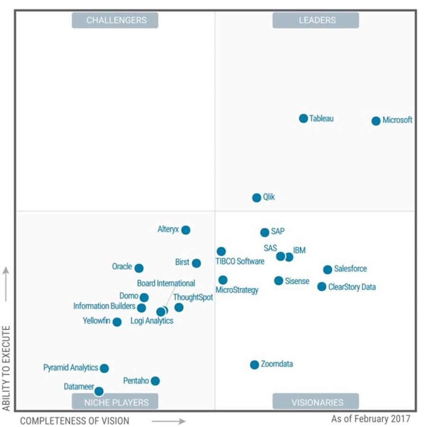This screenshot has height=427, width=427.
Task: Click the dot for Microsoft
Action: pos(376,121)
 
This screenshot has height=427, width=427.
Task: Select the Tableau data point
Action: pos(303,119)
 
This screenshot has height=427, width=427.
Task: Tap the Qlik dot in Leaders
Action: pos(257,198)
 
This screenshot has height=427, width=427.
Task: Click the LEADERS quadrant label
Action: pos(316,20)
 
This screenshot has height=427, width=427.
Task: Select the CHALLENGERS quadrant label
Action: pos(115,20)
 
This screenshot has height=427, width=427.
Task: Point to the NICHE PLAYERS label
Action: pos(115,402)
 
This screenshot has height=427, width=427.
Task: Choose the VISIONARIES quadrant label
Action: pos(316,402)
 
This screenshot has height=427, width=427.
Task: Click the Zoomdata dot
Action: pos(254,365)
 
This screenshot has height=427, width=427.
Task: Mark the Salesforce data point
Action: pos(327,269)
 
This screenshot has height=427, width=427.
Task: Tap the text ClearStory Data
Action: pos(352,287)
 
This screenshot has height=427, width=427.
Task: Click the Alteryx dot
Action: pos(186,230)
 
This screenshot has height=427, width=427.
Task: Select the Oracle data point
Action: pos(139,268)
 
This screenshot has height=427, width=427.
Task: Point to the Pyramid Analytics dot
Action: pos(104,368)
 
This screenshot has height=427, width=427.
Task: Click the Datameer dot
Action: pos(99,391)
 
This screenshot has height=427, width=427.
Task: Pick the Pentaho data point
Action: pos(155,381)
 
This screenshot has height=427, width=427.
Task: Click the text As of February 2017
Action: pos(371,419)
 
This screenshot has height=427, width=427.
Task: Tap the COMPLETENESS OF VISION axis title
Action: pos(74,420)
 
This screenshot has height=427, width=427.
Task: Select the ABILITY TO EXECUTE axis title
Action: pos(7,368)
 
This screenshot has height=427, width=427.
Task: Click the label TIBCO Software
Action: pos(240,261)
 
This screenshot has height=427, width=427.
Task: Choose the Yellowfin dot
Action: pos(117,322)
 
